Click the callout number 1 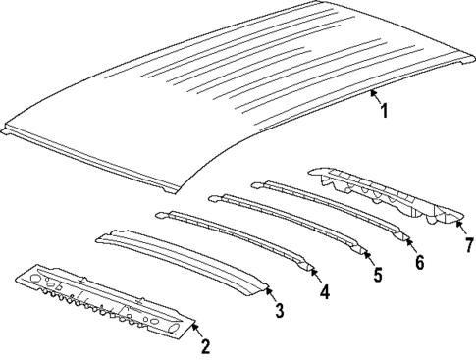click(384, 112)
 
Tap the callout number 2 click(204, 344)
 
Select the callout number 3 click(279, 312)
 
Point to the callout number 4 click(325, 291)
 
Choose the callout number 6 click(419, 262)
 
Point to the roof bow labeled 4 click(236, 236)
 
